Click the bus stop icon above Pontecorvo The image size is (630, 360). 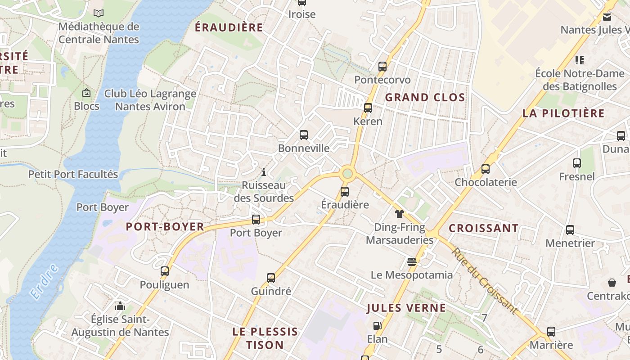pos(382,67)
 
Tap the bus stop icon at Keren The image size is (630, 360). pos(368,108)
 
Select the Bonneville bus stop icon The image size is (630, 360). pos(304,135)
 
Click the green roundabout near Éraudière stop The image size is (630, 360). pos(347,173)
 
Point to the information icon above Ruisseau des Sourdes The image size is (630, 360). pos(264,172)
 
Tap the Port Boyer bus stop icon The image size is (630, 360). pos(256,220)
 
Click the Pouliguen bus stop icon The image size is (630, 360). pos(165,271)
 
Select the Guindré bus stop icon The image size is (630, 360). pos(271,278)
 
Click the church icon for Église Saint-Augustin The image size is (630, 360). pos(120,306)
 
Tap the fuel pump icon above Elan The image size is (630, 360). pos(377,325)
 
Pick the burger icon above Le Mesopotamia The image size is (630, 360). pos(411,261)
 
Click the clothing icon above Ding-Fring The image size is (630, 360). pos(400,214)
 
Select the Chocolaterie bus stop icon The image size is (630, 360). pos(486,169)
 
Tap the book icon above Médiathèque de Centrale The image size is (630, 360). pos(99,13)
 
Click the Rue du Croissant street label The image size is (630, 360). pos(485,281)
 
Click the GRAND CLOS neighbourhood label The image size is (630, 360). pos(425,97)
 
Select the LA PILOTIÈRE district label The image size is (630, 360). pos(563,113)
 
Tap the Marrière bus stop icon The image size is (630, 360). pos(551,332)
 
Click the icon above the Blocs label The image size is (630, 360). pos(86,93)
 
